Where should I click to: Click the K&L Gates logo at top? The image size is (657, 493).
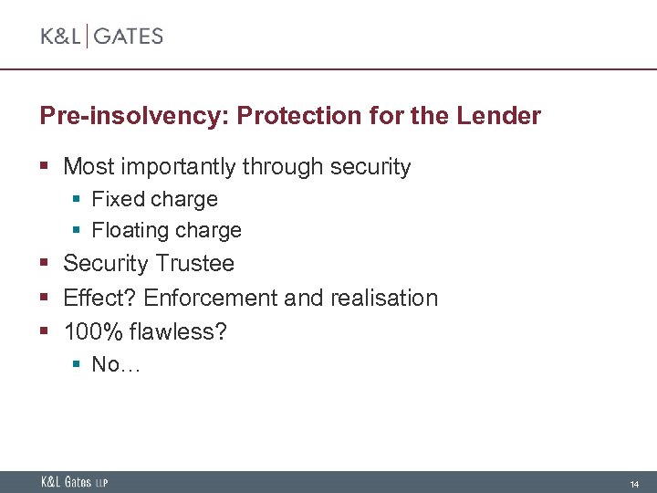pos(101,37)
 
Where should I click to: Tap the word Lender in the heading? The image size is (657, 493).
pos(500,117)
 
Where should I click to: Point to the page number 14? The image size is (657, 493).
pos(634,483)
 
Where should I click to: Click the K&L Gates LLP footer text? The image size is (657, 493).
pos(74,482)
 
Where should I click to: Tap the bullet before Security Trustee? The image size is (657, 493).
pos(45,265)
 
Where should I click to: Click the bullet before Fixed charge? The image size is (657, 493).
pos(78,200)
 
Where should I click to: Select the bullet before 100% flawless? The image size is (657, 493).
pos(45,332)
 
